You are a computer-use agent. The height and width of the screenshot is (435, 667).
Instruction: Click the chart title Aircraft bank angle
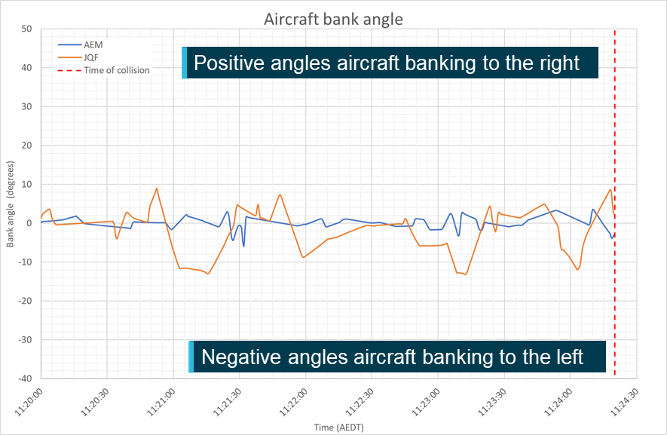[333, 19]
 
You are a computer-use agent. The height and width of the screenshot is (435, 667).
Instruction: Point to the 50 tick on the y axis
[26, 29]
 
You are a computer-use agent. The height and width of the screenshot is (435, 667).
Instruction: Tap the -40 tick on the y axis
[24, 378]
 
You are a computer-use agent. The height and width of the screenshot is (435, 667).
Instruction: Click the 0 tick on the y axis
[29, 222]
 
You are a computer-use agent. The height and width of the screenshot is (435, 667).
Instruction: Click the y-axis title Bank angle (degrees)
[11, 204]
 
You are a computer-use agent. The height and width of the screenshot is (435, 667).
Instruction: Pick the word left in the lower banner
[568, 357]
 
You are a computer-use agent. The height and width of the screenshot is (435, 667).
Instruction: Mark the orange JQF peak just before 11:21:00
[156, 188]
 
